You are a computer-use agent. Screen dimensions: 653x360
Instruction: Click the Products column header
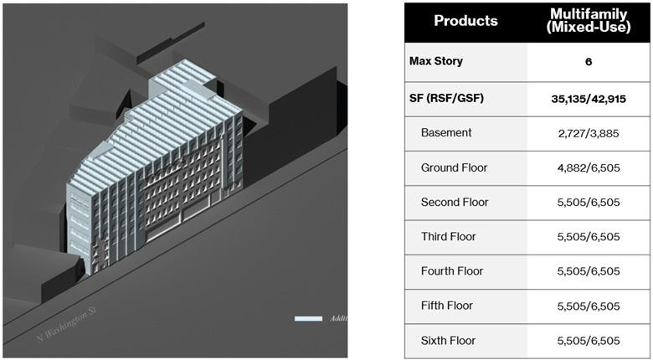[465, 21]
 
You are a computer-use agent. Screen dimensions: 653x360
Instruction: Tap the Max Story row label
[435, 61]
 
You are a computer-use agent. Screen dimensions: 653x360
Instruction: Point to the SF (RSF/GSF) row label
[446, 98]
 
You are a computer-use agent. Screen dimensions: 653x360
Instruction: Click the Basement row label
[446, 132]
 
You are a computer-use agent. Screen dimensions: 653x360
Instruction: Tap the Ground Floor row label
[454, 167]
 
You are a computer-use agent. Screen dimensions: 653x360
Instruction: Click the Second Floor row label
[455, 202]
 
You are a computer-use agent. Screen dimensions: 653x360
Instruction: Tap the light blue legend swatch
[308, 318]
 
